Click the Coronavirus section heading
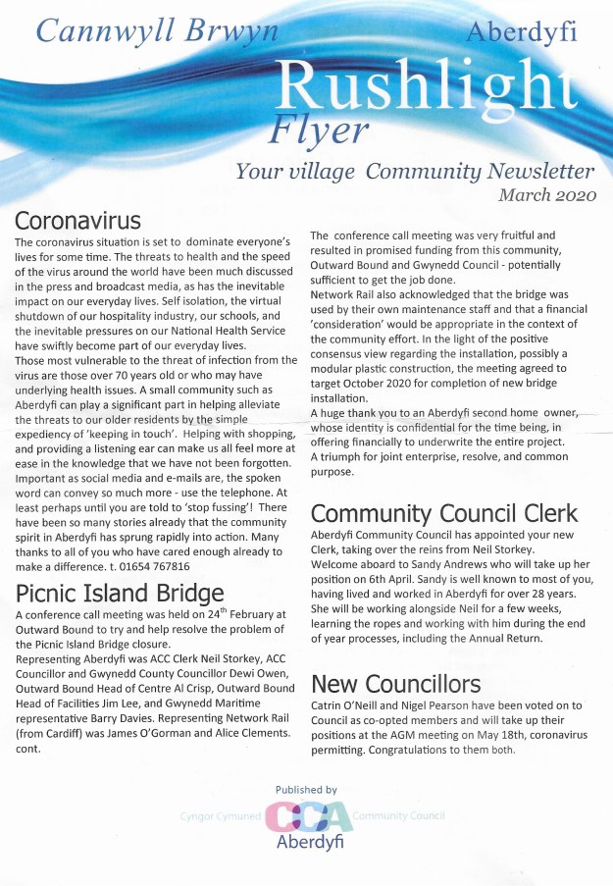pos(78,218)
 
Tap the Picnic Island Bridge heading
pos(121,592)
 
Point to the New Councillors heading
pos(395,683)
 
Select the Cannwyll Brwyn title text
pos(158,30)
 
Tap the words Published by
pos(306,789)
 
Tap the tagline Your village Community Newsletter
pos(414,171)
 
